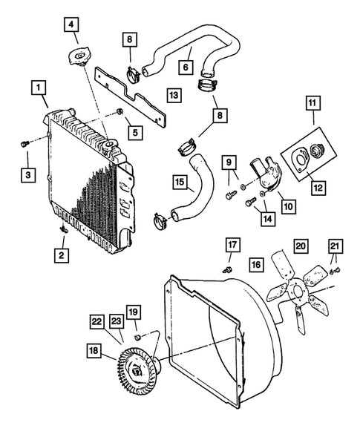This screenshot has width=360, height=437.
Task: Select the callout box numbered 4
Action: pos(71,26)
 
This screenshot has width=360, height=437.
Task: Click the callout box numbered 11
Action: pos(312,105)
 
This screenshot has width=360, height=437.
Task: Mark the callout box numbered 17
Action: pos(232,246)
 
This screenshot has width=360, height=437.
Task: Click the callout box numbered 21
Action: pos(335,246)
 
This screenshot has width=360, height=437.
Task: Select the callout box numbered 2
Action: pos(58,254)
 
